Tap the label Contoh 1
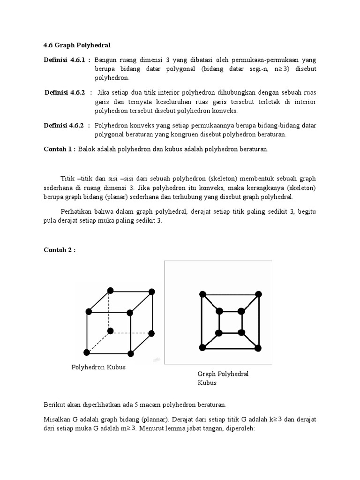[59, 149]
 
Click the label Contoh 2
[59, 250]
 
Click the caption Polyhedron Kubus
[98, 367]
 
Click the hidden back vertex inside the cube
[110, 331]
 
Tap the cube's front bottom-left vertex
[87, 352]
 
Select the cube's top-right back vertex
[151, 292]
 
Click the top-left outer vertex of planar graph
[202, 294]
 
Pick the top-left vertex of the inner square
[219, 311]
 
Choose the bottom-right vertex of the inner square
[241, 332]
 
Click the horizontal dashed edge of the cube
[131, 332]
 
